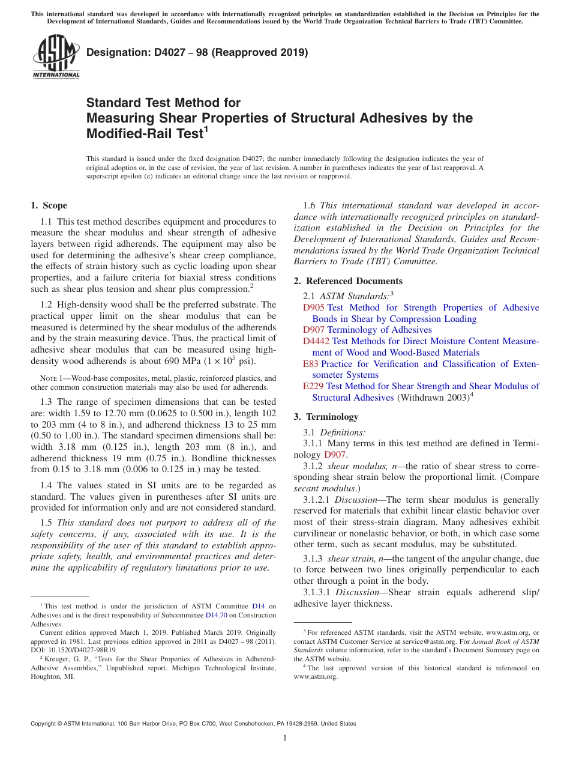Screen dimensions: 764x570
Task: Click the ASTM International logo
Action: point(56,57)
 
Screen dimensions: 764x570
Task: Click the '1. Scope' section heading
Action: point(49,205)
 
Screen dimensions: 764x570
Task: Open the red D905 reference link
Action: point(313,308)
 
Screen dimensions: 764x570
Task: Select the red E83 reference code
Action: point(310,364)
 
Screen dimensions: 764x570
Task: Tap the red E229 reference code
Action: point(313,386)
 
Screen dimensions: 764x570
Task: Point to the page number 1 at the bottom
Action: point(285,738)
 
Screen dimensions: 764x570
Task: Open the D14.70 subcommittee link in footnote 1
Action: point(214,615)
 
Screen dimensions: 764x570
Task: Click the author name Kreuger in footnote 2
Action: point(57,659)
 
